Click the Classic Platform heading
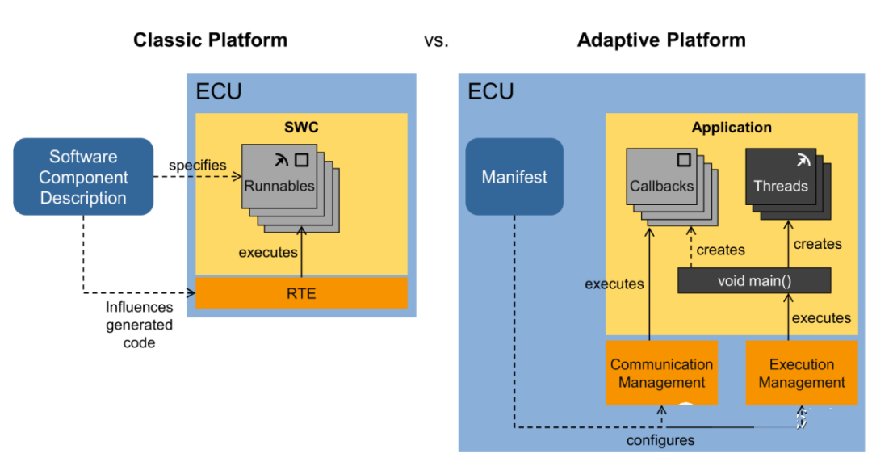pyautogui.click(x=210, y=40)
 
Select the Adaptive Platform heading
pyautogui.click(x=661, y=40)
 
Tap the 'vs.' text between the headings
pyautogui.click(x=436, y=40)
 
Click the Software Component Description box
pyautogui.click(x=83, y=177)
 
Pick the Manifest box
pyautogui.click(x=514, y=177)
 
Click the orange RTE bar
pyautogui.click(x=301, y=293)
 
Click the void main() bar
pyautogui.click(x=753, y=281)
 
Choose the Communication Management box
pyautogui.click(x=661, y=373)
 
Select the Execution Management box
pyautogui.click(x=802, y=373)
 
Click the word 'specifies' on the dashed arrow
pyautogui.click(x=198, y=165)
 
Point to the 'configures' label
pyautogui.click(x=660, y=440)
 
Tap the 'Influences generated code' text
pyautogui.click(x=139, y=325)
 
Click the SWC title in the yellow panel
pyautogui.click(x=300, y=128)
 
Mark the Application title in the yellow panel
pyautogui.click(x=732, y=128)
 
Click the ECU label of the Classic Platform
pyautogui.click(x=219, y=91)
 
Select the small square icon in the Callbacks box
pyautogui.click(x=683, y=160)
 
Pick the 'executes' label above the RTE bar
pyautogui.click(x=268, y=252)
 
